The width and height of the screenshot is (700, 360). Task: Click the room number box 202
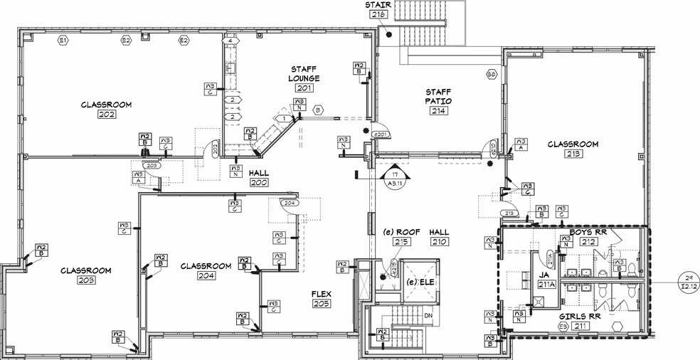click(107, 116)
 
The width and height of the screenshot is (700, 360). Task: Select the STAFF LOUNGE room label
click(304, 73)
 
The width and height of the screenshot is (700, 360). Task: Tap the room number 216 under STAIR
click(378, 14)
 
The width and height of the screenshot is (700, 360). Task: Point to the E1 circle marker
click(63, 41)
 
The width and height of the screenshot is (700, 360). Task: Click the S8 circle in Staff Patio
click(491, 74)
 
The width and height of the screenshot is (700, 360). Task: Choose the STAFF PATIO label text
click(439, 96)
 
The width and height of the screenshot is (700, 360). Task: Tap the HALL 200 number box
click(258, 183)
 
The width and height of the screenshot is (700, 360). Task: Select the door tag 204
click(289, 203)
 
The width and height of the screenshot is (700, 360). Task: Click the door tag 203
click(153, 165)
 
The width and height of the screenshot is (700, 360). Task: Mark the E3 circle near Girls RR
click(562, 327)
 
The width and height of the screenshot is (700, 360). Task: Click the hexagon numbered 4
click(231, 41)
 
